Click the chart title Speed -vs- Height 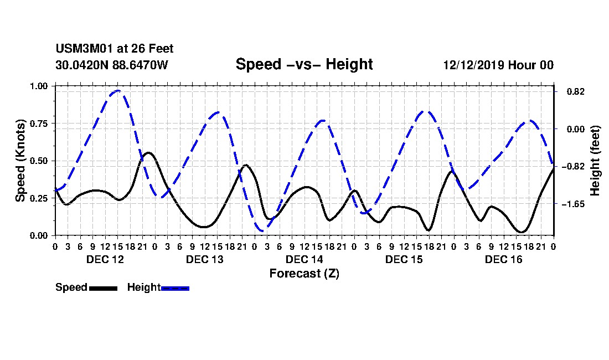[304, 64]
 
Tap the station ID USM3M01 [84, 49]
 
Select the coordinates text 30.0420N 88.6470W [112, 65]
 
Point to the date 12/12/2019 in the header [473, 65]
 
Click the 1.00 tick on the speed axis [38, 86]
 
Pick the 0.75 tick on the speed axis [38, 124]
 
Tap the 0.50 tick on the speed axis [38, 161]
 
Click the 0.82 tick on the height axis [576, 91]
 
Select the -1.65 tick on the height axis [573, 204]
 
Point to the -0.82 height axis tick [573, 167]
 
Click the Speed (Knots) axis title [20, 161]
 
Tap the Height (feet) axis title [595, 161]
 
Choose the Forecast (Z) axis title [304, 274]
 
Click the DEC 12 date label [105, 259]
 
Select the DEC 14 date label [304, 259]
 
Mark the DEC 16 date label [503, 259]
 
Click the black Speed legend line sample [104, 288]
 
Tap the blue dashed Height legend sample [175, 288]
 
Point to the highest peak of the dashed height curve [118, 90]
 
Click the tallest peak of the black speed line [148, 153]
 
